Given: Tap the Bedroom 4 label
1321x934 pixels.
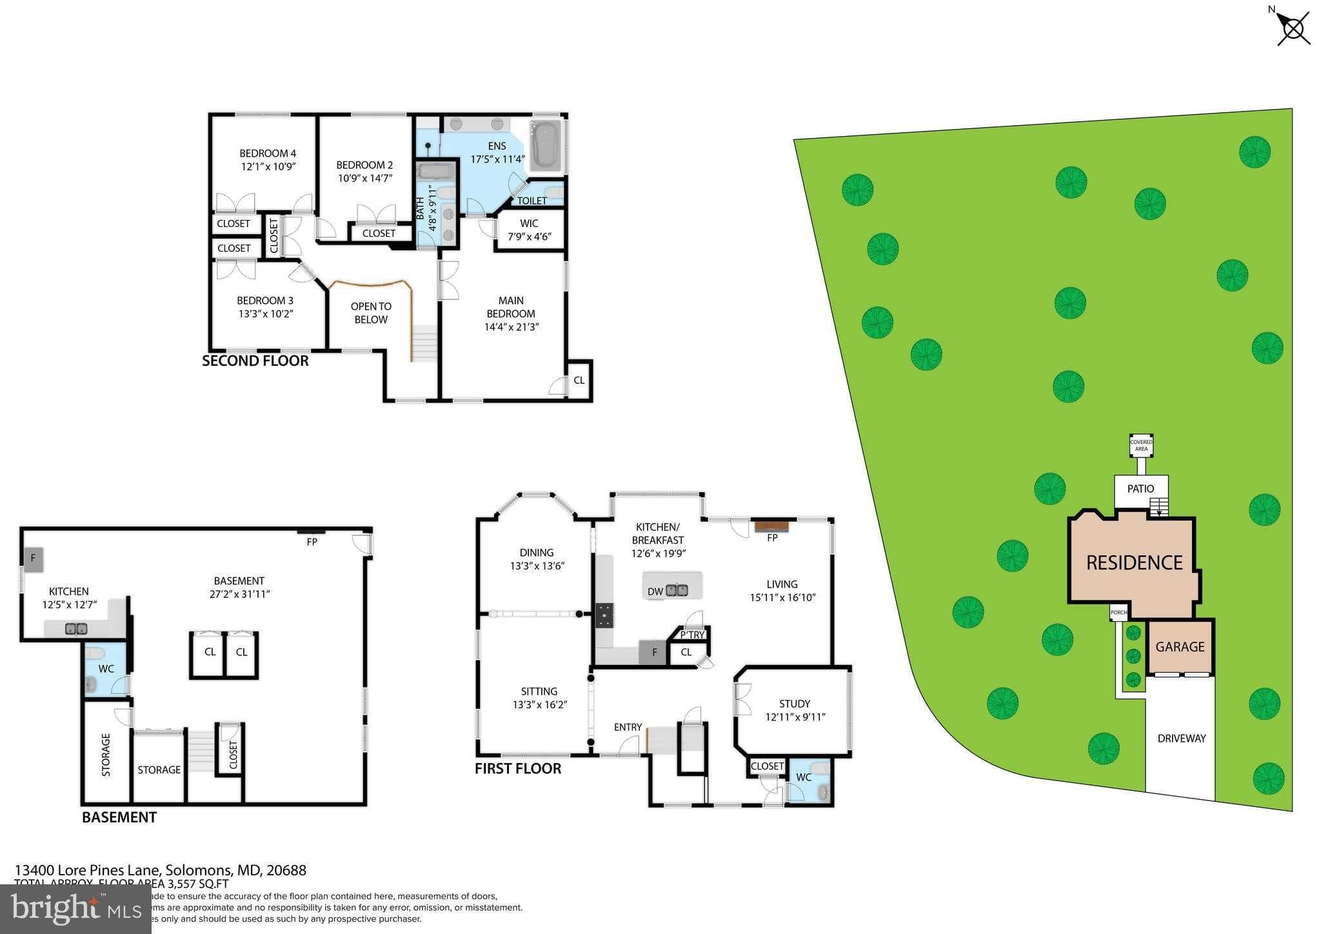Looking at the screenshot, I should [x=268, y=154].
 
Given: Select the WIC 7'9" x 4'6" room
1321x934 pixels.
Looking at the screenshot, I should [x=529, y=230].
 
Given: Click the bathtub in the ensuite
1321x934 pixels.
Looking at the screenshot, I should [x=546, y=146].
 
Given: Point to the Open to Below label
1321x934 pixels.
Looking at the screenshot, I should [x=371, y=313].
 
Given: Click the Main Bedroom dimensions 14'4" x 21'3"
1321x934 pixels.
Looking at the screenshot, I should [x=511, y=327].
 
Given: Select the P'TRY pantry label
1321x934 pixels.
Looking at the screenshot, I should [x=692, y=635].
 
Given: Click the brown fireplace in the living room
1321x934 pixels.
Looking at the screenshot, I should [x=771, y=526].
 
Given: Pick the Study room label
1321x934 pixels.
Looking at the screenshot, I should [x=794, y=704].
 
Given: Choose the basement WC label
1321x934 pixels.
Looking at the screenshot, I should [x=106, y=669].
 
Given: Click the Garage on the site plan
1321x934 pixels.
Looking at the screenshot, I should [x=1180, y=647].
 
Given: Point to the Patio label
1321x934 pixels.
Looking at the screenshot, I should [x=1140, y=489].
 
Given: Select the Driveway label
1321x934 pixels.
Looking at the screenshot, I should [x=1181, y=739].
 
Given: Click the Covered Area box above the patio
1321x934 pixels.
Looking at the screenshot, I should [x=1141, y=445].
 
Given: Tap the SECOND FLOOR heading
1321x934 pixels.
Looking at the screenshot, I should [x=255, y=361].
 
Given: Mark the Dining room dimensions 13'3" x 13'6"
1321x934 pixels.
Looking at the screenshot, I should [x=537, y=566].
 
